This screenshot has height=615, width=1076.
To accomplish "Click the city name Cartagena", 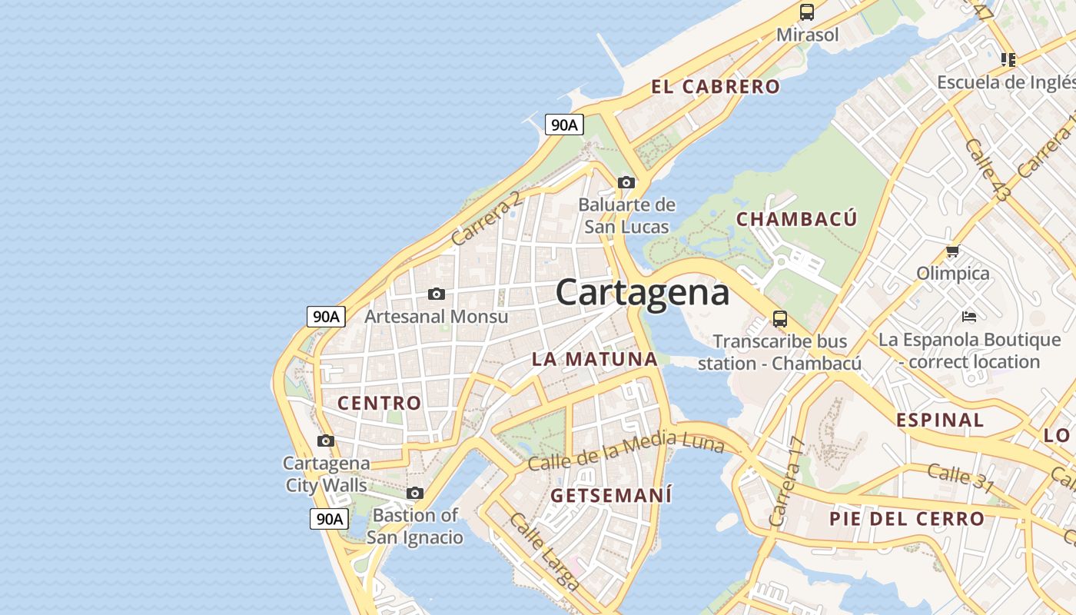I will coord(642,293).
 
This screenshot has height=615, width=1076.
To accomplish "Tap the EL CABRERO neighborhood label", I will coord(716,87).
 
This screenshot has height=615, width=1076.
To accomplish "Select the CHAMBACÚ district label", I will coord(796,219).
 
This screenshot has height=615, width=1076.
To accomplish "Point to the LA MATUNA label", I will coord(595,359).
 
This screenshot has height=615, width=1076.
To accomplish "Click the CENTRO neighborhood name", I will coord(380,403).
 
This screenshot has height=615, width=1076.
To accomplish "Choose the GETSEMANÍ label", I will coord(611,495).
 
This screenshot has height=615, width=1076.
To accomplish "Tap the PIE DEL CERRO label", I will coord(907,519).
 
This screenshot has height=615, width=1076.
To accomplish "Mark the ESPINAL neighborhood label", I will coord(940,420).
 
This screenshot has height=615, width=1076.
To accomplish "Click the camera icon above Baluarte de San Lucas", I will coord(626,182).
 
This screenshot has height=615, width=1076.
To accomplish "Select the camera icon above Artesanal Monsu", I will coord(437,294).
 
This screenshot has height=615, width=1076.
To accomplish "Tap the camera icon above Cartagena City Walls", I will coord(326,440).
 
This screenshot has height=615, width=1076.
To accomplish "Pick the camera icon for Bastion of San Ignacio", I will coord(415,493).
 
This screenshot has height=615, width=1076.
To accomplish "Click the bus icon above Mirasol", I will coord(806,12).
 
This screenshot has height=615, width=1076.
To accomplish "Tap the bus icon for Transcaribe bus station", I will coord(780,318).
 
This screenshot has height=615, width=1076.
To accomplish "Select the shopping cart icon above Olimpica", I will coord(953,251).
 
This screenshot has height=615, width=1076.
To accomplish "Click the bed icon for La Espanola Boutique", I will coord(969,316).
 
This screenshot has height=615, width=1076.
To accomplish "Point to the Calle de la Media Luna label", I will coord(626,452).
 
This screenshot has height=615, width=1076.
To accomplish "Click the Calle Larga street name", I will coord(543,551).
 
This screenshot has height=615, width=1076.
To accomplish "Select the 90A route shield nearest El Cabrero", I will coord(564,125).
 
